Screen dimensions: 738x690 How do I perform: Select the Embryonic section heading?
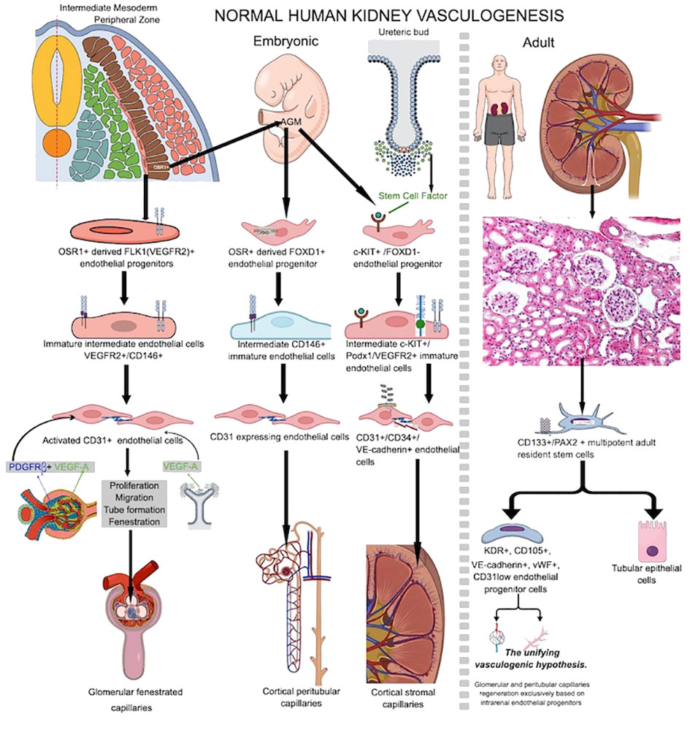(285, 42)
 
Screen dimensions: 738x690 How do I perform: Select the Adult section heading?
(539, 42)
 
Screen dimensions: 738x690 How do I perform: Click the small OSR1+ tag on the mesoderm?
(162, 166)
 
